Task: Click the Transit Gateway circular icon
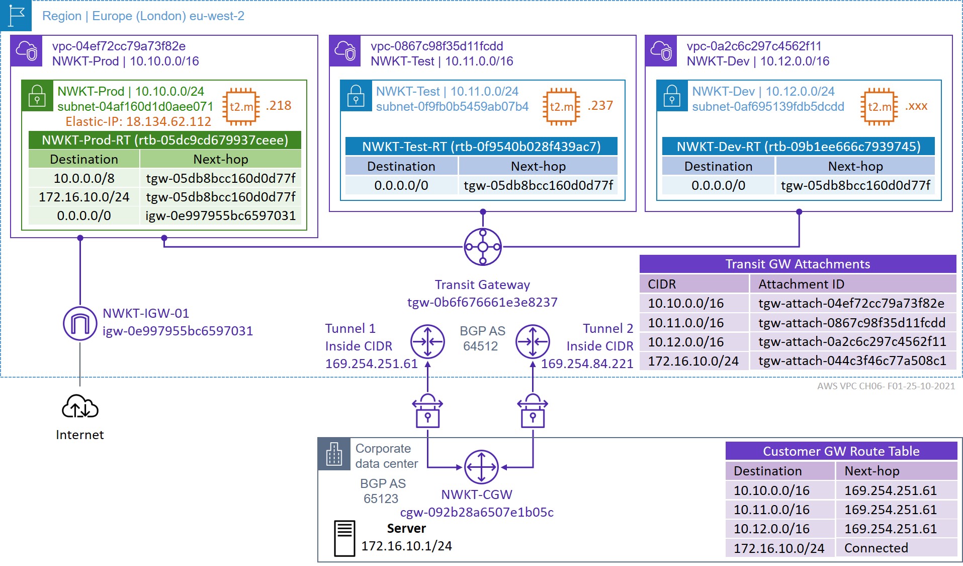click(482, 247)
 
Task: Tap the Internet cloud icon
click(80, 407)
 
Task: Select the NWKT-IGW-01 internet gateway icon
click(80, 323)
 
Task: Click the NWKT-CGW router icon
click(481, 467)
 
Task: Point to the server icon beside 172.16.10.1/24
click(344, 538)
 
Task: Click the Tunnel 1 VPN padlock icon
click(427, 411)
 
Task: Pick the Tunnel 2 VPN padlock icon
click(533, 411)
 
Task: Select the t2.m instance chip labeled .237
click(561, 106)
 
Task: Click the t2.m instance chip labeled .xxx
click(879, 106)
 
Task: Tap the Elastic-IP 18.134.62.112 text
click(138, 122)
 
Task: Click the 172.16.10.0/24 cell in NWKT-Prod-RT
click(84, 197)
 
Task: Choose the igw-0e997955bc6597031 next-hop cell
click(220, 216)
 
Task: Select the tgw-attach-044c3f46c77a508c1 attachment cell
click(852, 361)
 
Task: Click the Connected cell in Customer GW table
click(876, 548)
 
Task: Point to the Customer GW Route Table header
click(841, 451)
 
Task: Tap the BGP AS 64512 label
click(482, 338)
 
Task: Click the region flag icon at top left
click(16, 16)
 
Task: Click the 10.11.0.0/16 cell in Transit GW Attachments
click(686, 323)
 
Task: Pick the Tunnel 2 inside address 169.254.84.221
click(587, 364)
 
